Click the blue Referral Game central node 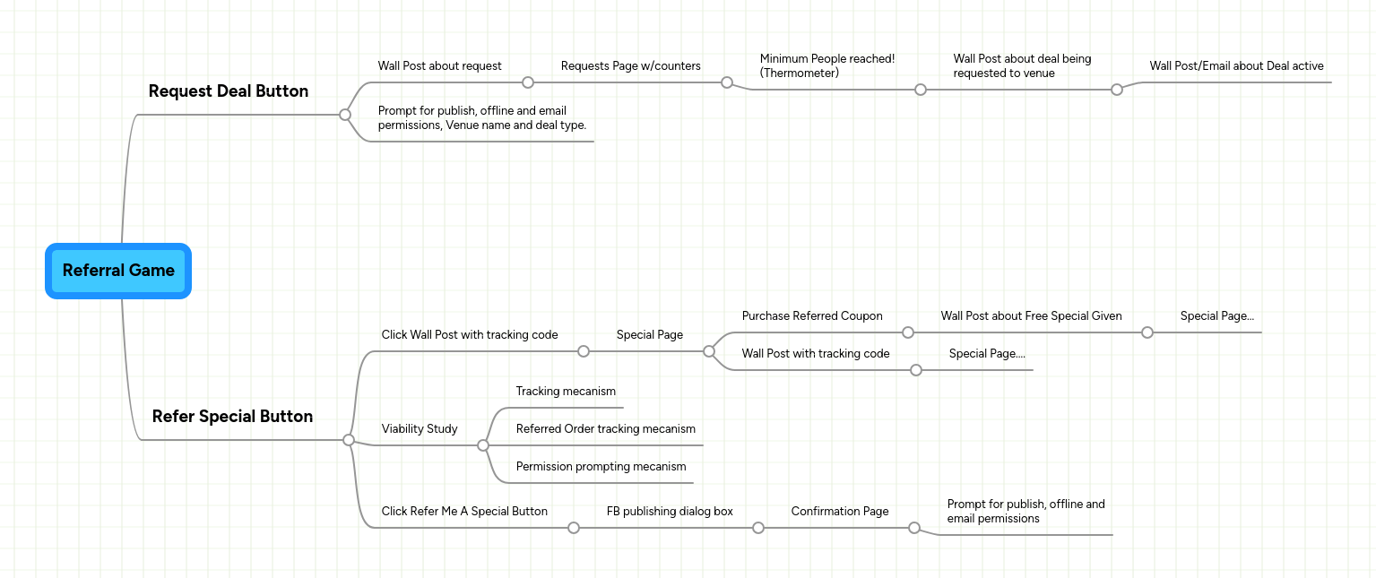[118, 271]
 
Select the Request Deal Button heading [228, 91]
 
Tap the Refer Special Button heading [232, 417]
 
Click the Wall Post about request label [439, 66]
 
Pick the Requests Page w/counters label [630, 66]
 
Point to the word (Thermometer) [799, 73]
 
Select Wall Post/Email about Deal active [1236, 66]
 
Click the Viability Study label [420, 429]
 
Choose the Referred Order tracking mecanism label [605, 429]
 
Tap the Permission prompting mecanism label [601, 467]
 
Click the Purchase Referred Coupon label [812, 316]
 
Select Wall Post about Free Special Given [1031, 316]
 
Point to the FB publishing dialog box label [670, 512]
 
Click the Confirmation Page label [840, 512]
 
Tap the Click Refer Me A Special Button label [464, 512]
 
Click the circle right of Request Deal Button [345, 115]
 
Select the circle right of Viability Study [483, 445]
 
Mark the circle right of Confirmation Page [914, 528]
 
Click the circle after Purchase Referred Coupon [908, 332]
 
